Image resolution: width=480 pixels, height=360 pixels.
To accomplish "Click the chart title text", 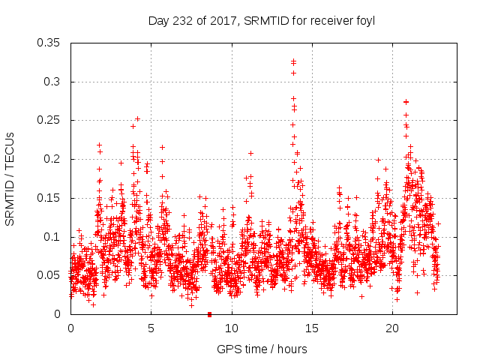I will click(x=262, y=20).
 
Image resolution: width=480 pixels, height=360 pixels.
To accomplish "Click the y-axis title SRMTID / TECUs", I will click(x=10, y=178).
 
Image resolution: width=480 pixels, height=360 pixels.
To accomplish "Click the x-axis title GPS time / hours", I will click(x=262, y=349).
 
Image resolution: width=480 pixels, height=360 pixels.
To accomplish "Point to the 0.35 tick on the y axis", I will click(x=51, y=43).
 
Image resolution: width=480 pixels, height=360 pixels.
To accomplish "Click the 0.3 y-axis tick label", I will click(x=54, y=81).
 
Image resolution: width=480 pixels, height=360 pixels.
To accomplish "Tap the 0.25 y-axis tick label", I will click(x=51, y=120).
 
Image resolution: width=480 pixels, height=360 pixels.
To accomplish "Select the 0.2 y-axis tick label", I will click(x=54, y=159).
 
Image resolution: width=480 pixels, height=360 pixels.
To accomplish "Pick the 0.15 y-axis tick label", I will click(x=51, y=198).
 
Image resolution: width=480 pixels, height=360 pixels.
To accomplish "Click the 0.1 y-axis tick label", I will click(x=54, y=237).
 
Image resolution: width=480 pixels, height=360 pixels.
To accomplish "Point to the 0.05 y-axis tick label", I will click(x=51, y=275).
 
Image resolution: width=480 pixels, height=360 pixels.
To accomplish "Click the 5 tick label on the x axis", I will click(x=151, y=328).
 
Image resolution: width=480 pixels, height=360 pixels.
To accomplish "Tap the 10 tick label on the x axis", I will click(x=232, y=328).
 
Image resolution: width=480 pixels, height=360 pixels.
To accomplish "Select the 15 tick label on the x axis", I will click(x=312, y=328).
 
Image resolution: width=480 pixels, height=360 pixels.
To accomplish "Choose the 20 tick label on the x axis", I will click(x=392, y=328).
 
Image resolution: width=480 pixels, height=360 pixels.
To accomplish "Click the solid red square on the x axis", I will click(x=209, y=314).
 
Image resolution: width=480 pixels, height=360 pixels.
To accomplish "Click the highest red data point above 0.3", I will click(x=293, y=61).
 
